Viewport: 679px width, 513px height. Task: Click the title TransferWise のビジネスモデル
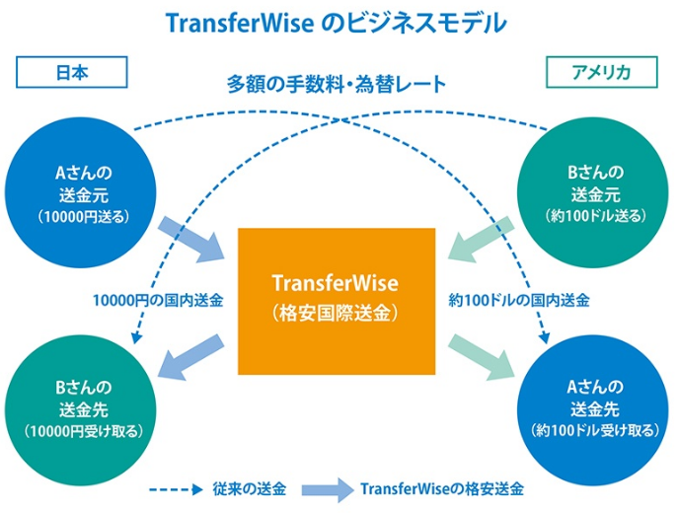[336, 24]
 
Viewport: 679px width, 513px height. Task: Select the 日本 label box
[72, 72]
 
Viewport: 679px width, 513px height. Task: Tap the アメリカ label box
[601, 72]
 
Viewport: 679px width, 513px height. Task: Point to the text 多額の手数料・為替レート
[337, 85]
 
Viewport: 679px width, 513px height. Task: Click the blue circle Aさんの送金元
[81, 192]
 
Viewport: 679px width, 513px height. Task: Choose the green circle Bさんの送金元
[592, 192]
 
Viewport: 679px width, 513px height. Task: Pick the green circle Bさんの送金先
[81, 410]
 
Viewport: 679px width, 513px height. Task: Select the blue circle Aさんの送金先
[592, 410]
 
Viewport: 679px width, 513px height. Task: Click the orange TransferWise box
[337, 301]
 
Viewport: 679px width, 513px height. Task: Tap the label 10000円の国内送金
[158, 300]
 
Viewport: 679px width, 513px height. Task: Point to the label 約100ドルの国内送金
[519, 300]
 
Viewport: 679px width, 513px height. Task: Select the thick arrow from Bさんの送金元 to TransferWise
[481, 240]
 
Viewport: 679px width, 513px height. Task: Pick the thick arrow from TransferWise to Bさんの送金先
[191, 357]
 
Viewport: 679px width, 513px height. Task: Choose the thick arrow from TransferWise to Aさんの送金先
[481, 357]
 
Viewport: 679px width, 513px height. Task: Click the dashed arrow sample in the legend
[176, 489]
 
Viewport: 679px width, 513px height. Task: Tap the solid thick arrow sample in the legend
[328, 489]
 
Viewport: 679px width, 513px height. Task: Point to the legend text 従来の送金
[250, 489]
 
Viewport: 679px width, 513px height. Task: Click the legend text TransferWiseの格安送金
[442, 489]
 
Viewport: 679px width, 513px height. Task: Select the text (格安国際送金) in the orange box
[336, 313]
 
